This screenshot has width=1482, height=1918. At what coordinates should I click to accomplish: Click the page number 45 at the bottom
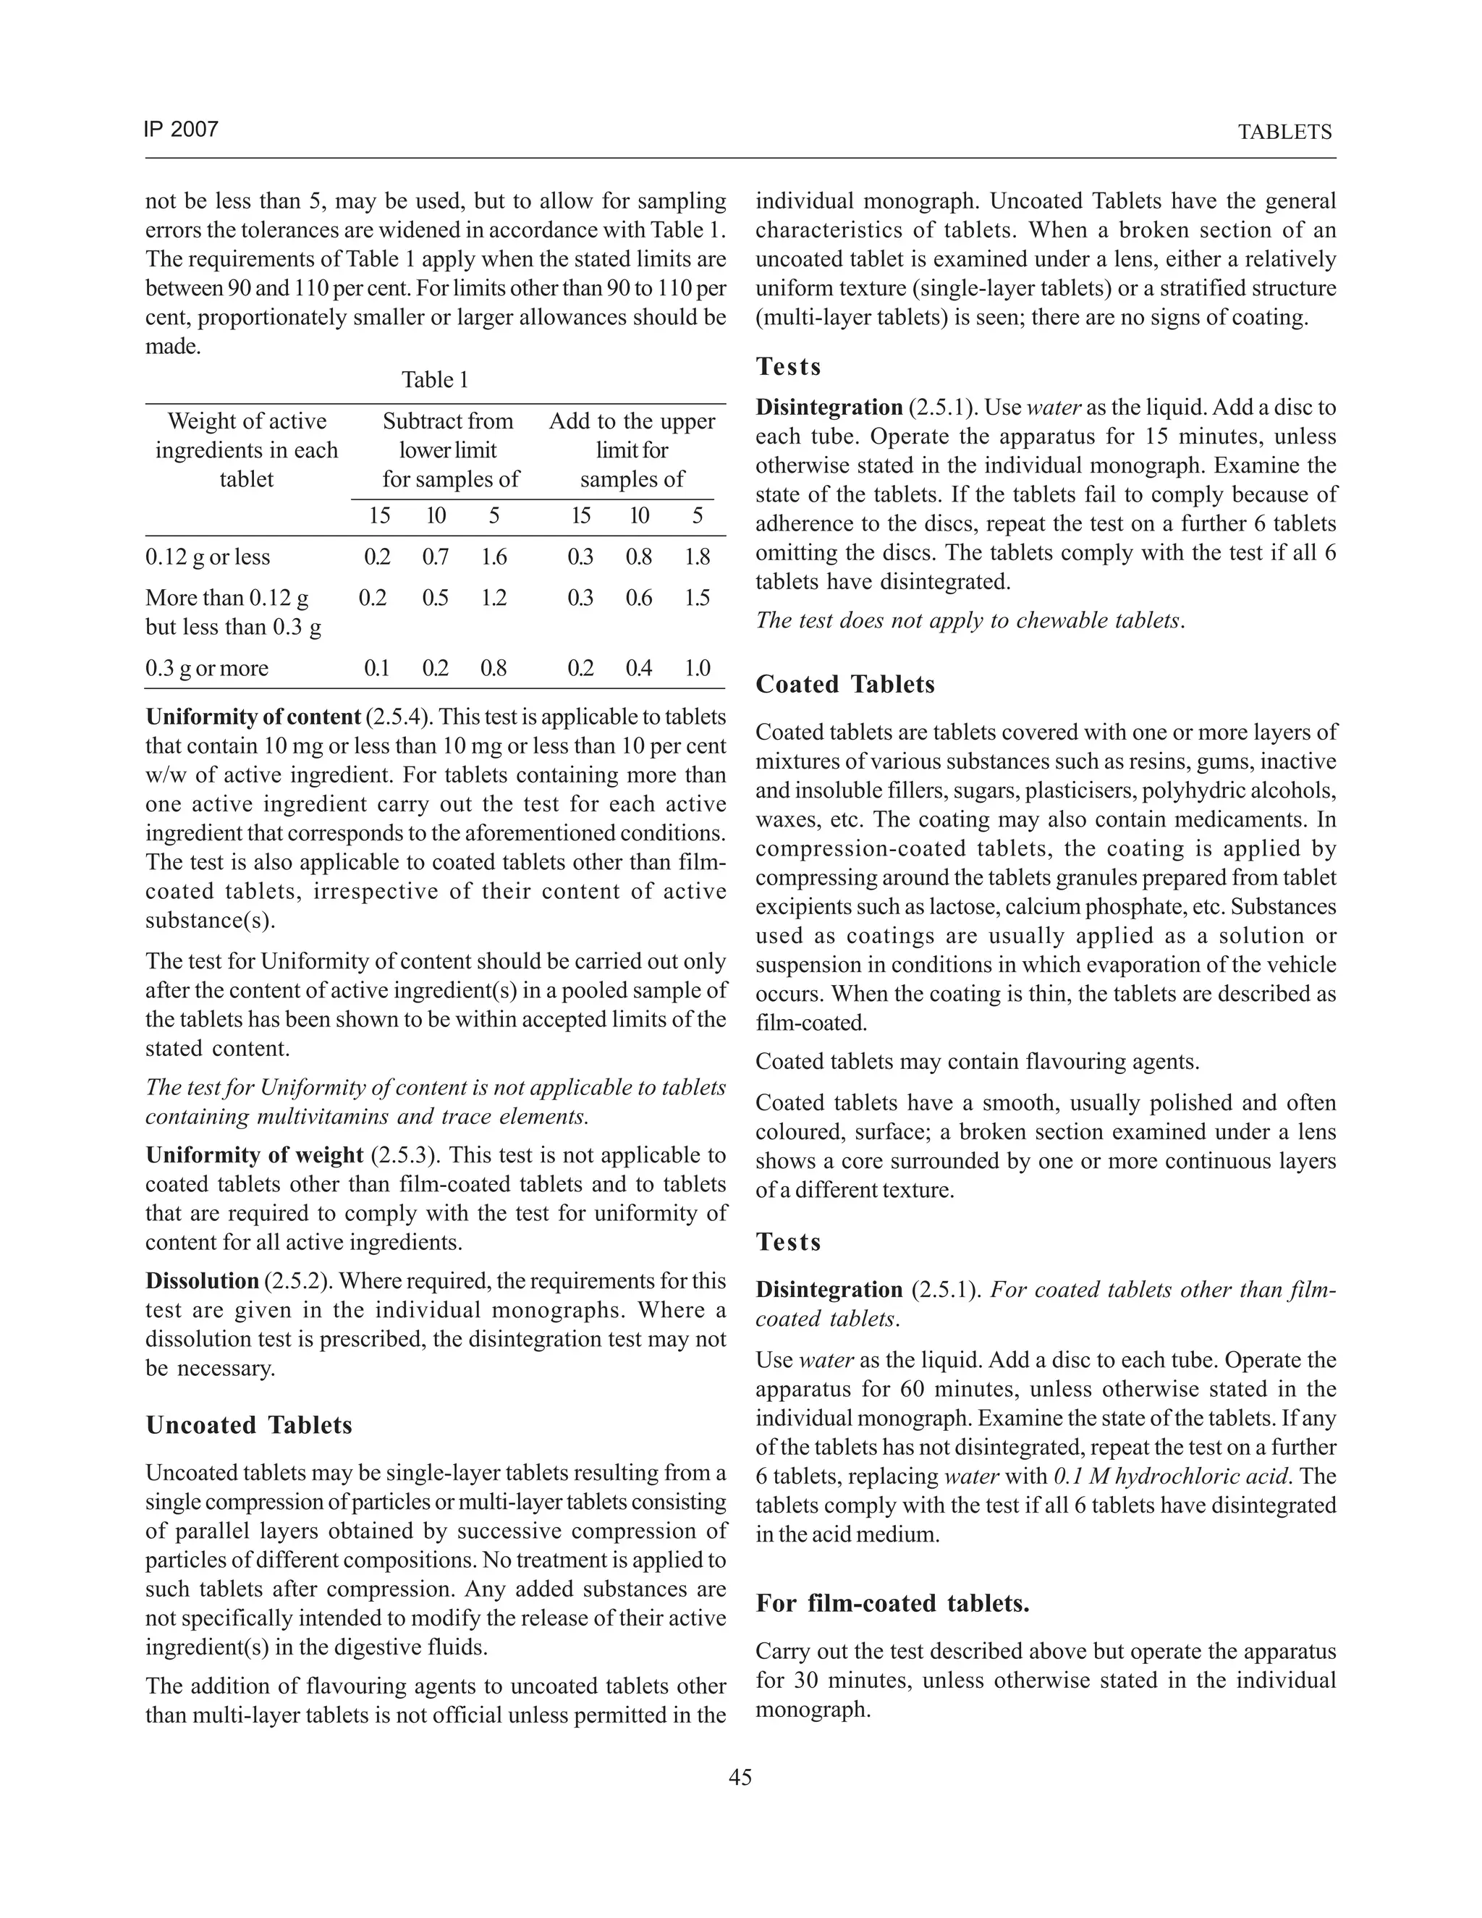pos(740,1778)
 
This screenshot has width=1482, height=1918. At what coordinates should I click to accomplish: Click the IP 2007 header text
pos(180,130)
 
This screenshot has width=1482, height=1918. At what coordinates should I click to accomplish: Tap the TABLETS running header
pos(1284,132)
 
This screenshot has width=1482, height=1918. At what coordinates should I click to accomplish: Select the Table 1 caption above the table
pos(435,379)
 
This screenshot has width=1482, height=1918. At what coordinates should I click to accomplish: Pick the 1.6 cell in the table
pos(494,557)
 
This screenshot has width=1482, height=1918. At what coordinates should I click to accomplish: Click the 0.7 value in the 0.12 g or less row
pos(436,557)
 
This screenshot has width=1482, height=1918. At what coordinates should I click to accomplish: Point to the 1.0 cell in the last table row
pos(697,668)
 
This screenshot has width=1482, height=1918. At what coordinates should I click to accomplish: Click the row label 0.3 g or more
pos(206,668)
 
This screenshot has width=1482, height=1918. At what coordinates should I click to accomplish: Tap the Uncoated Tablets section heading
pos(248,1424)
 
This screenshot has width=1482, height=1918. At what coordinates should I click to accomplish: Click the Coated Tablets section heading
pos(844,684)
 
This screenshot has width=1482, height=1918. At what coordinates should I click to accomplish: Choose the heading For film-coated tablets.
pos(892,1604)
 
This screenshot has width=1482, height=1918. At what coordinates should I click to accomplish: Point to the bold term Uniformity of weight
pos(255,1155)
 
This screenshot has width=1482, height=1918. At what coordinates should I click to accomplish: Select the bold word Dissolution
pos(202,1280)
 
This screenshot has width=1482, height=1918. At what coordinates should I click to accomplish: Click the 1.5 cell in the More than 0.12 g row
pos(697,598)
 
